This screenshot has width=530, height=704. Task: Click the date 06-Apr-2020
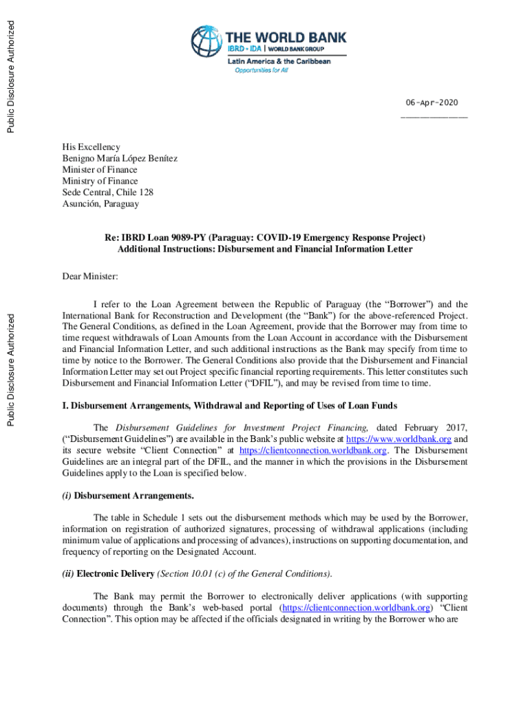[432, 102]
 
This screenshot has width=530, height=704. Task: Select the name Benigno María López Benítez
[119, 158]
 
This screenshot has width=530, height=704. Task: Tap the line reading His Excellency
[91, 147]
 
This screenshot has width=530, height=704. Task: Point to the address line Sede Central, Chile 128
[107, 192]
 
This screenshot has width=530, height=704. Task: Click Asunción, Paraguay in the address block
[100, 203]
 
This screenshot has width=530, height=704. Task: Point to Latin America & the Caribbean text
[279, 61]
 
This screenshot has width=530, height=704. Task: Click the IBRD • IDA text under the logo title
[244, 49]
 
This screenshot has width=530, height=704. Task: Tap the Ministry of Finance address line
[100, 181]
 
